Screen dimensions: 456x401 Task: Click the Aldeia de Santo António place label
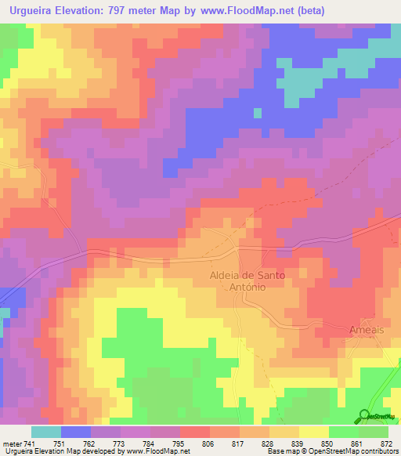click(x=247, y=281)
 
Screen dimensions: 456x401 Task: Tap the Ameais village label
click(x=367, y=330)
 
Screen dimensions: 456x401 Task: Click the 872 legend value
click(x=387, y=443)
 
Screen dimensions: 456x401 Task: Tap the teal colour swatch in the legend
click(x=46, y=432)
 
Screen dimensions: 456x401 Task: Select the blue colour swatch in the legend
click(x=76, y=432)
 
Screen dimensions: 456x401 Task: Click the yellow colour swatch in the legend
click(x=313, y=432)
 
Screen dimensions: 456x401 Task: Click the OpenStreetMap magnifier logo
click(x=364, y=416)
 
